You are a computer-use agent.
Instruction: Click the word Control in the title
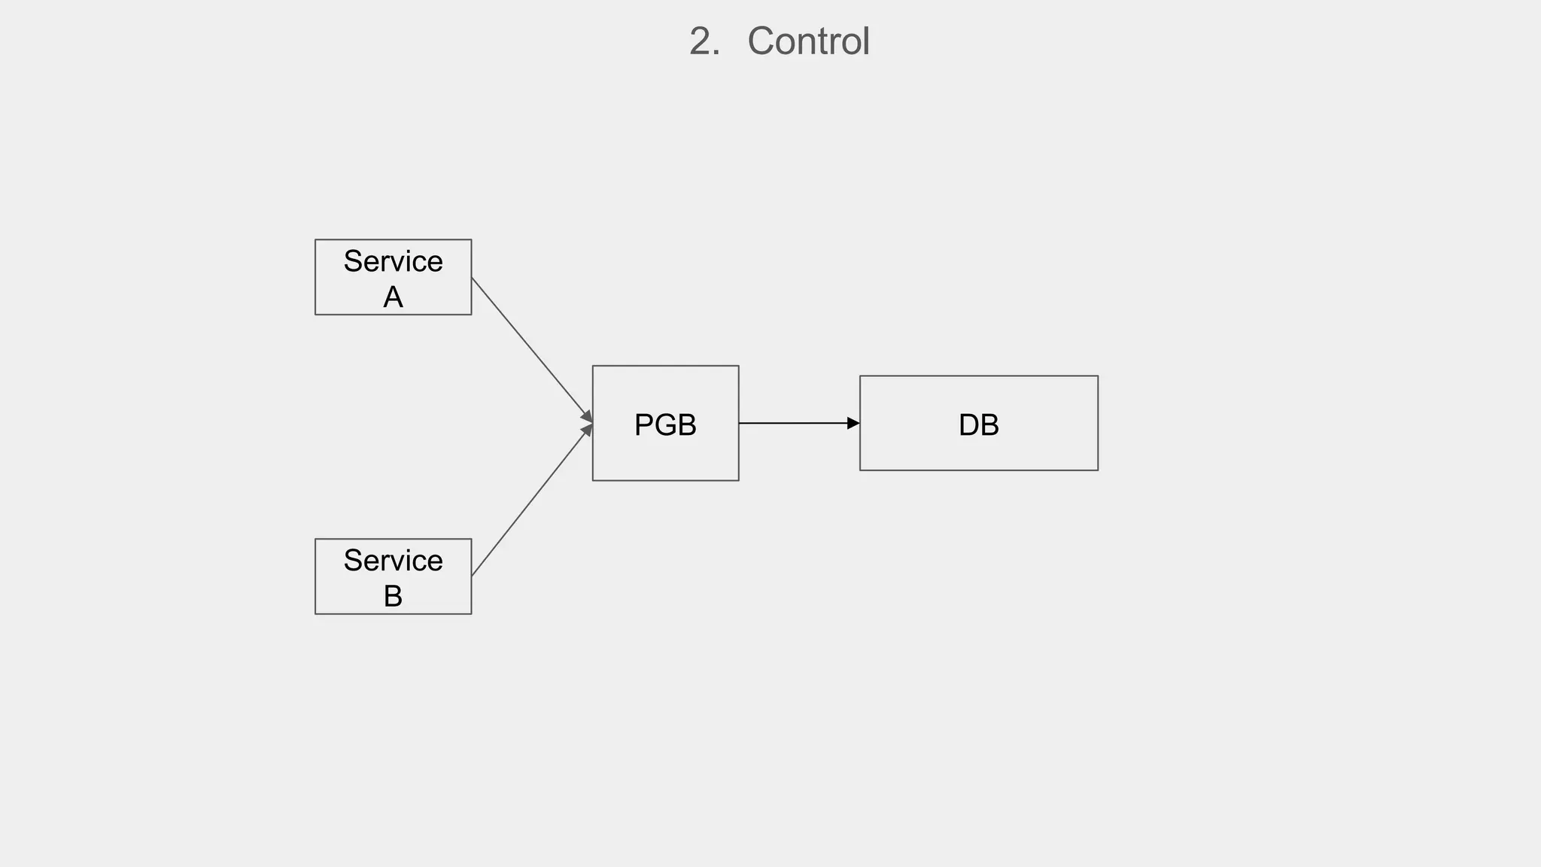808,41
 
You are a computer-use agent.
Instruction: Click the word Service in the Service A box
393,261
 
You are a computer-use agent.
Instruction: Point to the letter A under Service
393,297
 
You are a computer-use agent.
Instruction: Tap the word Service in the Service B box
393,561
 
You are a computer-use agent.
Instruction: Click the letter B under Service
393,596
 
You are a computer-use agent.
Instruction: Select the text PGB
665,425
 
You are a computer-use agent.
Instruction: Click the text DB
978,425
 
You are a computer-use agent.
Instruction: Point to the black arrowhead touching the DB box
853,424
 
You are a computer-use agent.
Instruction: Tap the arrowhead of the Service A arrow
587,416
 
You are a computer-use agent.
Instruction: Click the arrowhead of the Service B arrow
587,431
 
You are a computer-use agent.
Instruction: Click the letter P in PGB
643,425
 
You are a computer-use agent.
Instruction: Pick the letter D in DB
968,425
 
